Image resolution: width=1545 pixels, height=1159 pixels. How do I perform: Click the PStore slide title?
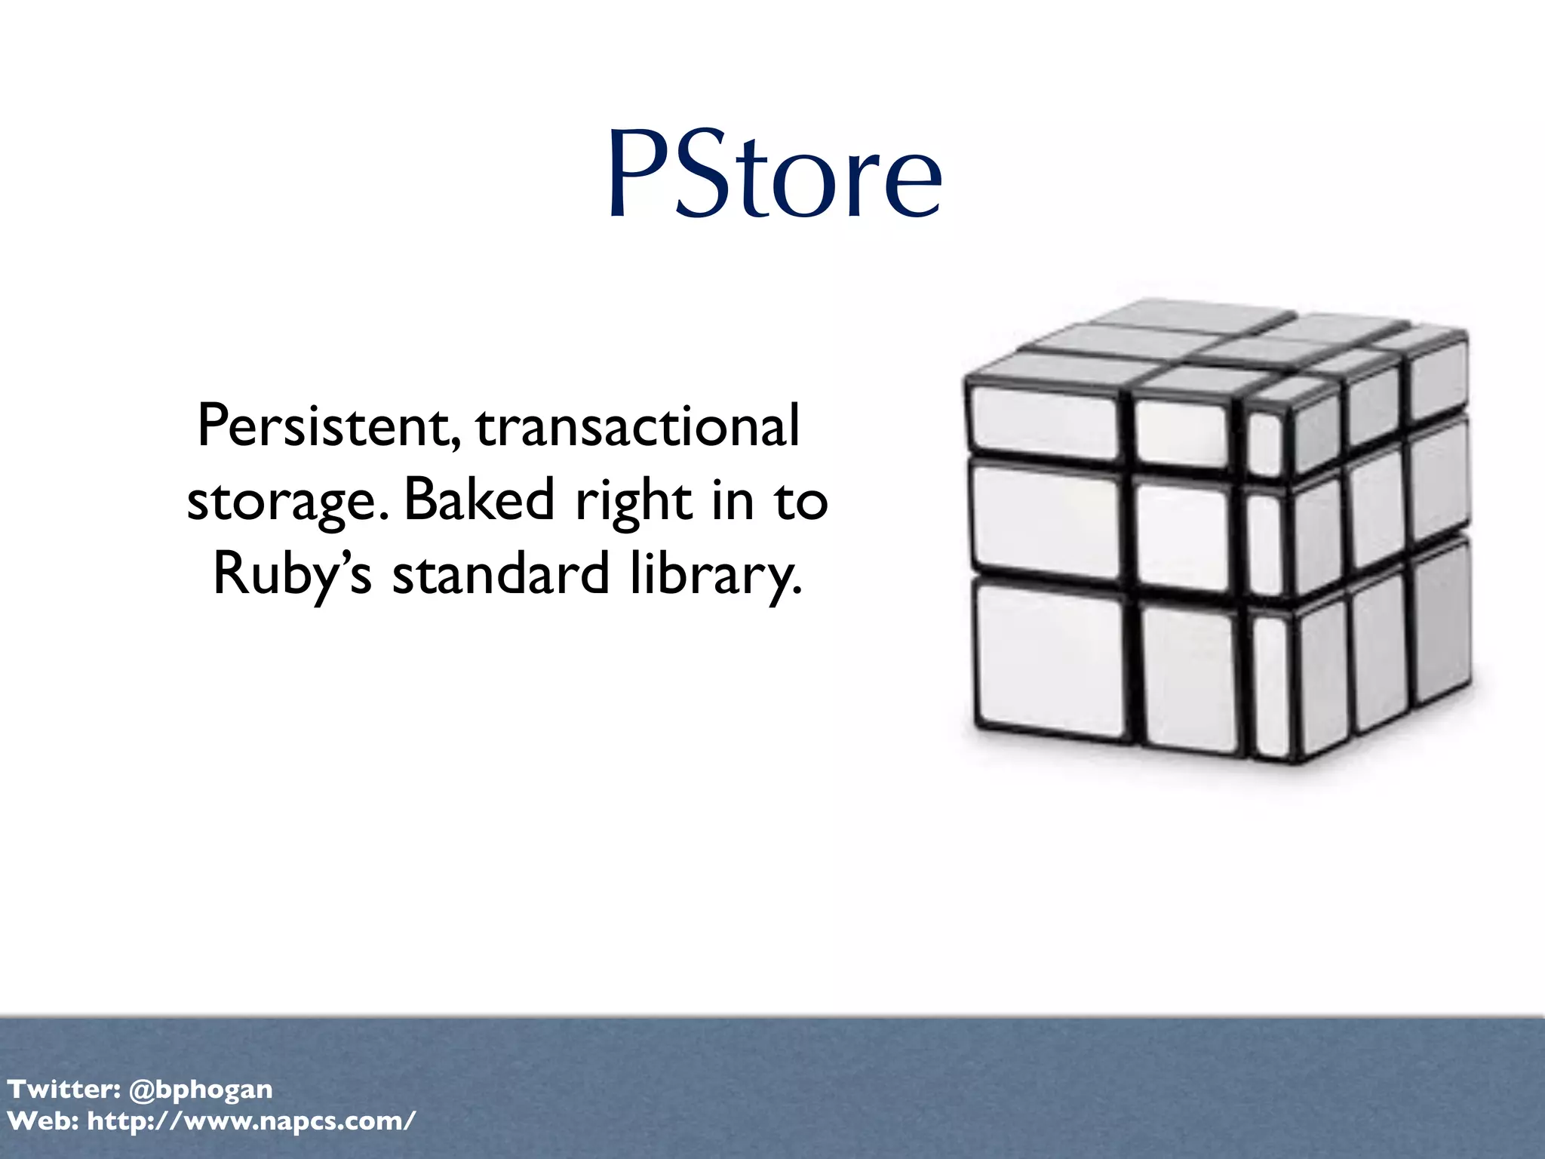[x=774, y=175]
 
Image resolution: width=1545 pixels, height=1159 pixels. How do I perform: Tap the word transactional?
[x=637, y=426]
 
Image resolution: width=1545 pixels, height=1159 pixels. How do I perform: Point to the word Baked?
[x=480, y=500]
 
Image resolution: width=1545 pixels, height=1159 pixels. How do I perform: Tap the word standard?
[x=500, y=573]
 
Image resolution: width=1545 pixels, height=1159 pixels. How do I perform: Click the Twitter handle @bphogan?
[x=201, y=1089]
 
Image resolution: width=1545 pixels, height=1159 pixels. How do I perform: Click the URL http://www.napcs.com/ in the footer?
[x=251, y=1121]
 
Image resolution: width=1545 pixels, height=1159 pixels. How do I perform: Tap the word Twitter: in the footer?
[x=63, y=1089]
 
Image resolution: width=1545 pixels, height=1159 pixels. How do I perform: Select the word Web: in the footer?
[x=42, y=1121]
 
